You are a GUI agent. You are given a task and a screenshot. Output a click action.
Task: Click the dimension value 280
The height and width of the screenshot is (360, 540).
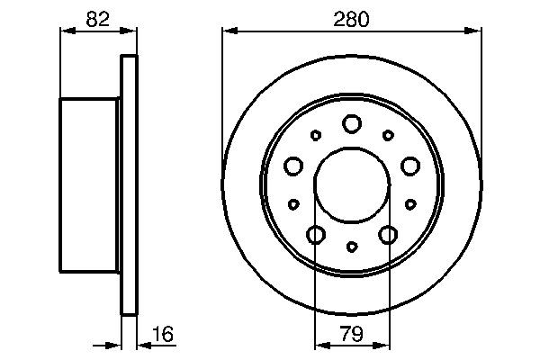(351, 17)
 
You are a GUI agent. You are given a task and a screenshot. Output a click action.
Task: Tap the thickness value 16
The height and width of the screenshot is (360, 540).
(162, 335)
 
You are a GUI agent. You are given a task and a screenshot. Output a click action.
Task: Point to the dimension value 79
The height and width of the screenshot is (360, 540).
(352, 335)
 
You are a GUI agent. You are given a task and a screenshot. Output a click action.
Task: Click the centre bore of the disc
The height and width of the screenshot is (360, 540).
(352, 184)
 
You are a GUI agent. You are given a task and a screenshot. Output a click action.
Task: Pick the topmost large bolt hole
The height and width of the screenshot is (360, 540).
(352, 123)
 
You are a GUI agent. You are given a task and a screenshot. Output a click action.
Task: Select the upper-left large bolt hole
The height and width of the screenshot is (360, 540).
(293, 166)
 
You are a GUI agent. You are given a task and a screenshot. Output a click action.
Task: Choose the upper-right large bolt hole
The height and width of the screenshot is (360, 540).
(410, 166)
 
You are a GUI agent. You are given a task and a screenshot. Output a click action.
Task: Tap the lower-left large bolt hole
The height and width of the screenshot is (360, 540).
(316, 235)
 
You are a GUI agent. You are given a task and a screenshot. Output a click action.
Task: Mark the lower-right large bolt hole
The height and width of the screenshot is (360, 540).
(388, 235)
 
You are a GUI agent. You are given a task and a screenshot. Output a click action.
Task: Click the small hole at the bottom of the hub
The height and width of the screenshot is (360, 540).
(352, 247)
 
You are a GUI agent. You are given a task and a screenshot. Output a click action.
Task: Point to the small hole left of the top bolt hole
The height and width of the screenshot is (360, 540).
(316, 135)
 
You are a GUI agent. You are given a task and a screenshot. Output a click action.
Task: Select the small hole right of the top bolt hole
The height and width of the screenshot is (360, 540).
(388, 135)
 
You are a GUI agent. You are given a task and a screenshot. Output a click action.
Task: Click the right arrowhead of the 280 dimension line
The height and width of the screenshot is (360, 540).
(475, 32)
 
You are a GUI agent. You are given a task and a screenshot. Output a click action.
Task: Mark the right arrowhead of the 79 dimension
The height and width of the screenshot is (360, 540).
(384, 346)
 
